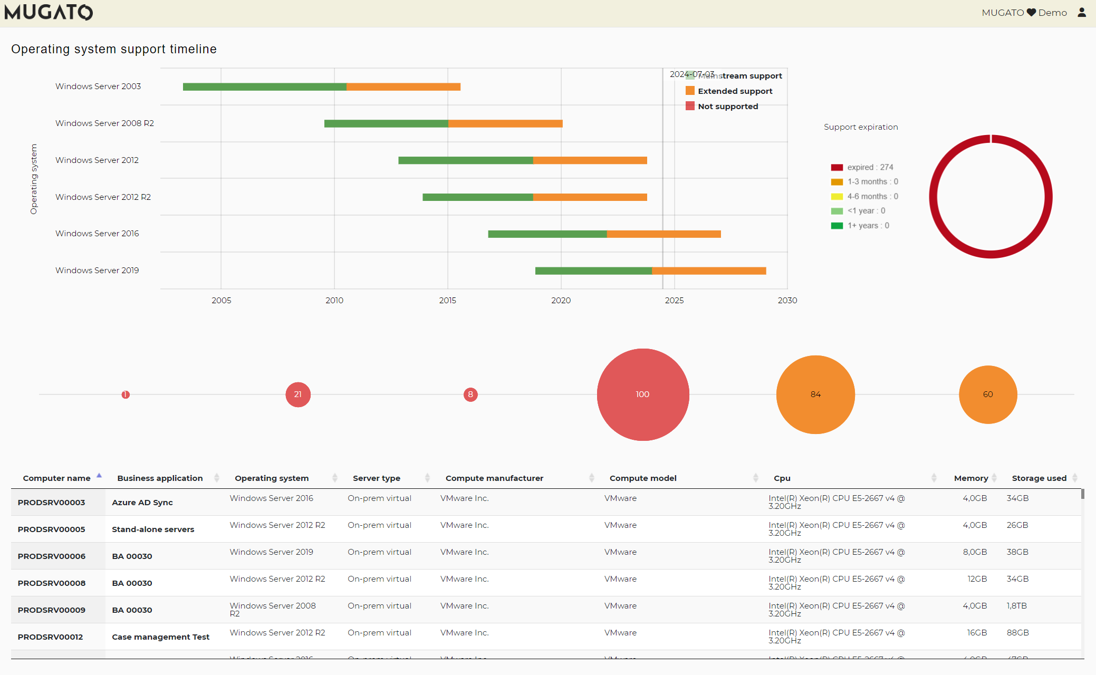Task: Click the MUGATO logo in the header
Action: pos(49,12)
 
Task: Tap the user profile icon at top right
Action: pos(1082,12)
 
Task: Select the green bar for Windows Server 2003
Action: pos(264,86)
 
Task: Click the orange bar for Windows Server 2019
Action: pos(708,271)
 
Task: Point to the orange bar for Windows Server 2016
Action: pos(664,234)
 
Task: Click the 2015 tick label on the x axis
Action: pos(447,301)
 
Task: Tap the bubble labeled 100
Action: pos(642,394)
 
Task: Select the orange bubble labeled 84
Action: pos(815,394)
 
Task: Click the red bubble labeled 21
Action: pos(298,394)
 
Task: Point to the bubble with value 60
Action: pos(988,394)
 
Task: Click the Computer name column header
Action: pos(57,478)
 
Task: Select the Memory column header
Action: pos(970,478)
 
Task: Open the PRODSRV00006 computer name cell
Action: pos(52,556)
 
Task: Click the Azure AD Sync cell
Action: pos(142,503)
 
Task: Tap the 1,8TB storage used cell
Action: pos(1016,606)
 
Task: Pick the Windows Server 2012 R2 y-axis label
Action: pos(103,197)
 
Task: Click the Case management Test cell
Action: pos(160,637)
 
